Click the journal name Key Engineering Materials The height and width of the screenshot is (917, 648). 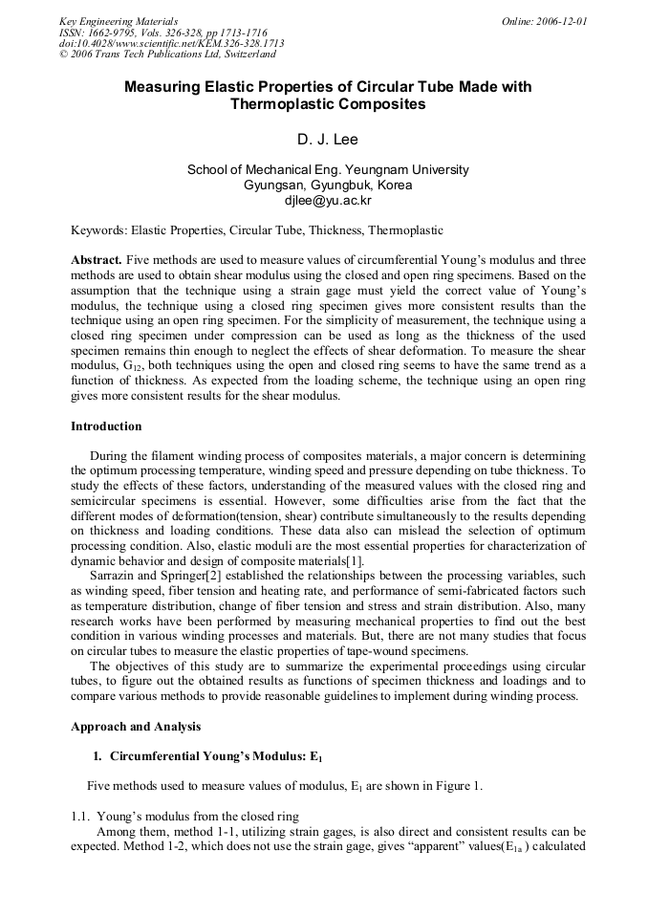pyautogui.click(x=119, y=21)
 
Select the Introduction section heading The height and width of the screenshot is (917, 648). pyautogui.click(x=106, y=426)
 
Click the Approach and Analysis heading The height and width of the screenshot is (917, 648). pyautogui.click(x=136, y=727)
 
